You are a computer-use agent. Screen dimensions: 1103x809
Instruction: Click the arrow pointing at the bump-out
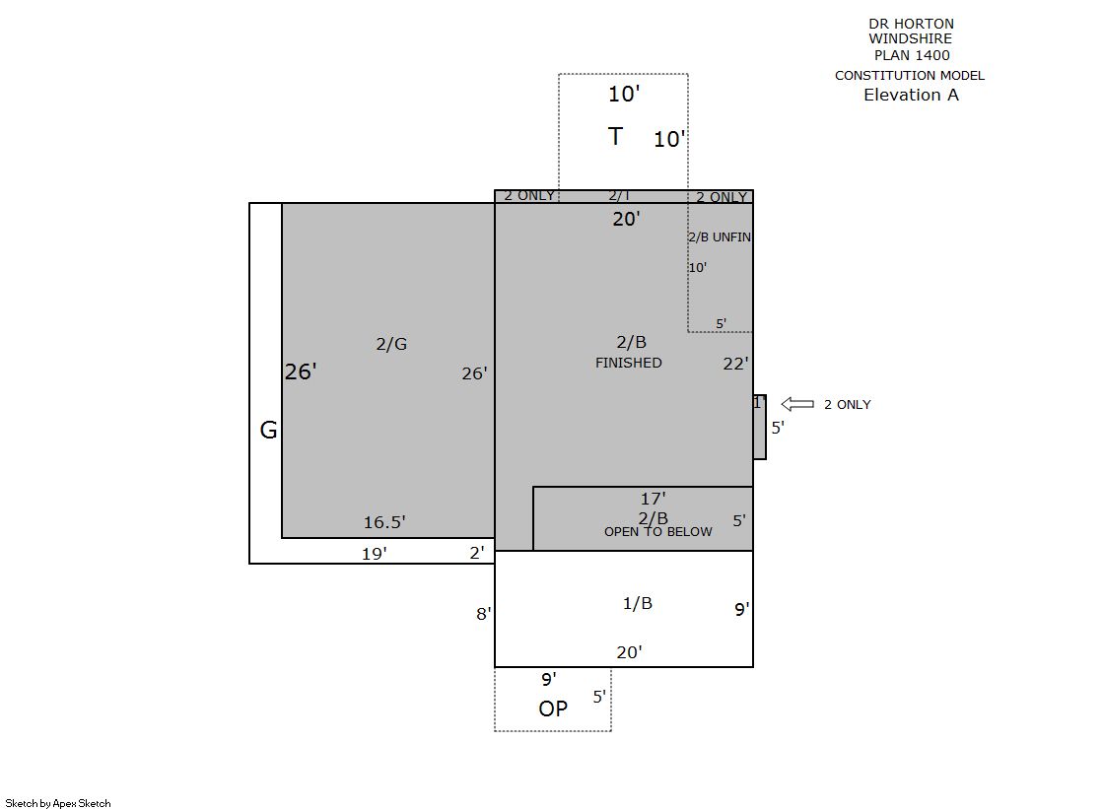click(x=797, y=404)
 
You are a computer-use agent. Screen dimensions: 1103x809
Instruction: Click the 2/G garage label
click(x=391, y=344)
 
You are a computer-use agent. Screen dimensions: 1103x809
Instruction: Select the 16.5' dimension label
click(x=384, y=522)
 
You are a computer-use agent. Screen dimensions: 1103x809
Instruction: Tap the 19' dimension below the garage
click(x=375, y=554)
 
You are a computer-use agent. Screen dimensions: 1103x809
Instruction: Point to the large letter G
click(x=268, y=430)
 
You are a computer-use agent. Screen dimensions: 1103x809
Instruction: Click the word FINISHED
click(x=628, y=363)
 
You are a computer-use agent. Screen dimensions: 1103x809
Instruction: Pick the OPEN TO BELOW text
click(x=657, y=532)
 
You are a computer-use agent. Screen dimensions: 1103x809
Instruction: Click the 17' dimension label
click(x=653, y=499)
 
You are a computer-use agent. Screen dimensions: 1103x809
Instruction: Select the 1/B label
click(x=638, y=604)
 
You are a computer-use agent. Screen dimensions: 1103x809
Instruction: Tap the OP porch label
click(x=553, y=709)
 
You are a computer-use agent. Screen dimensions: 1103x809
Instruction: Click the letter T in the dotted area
click(x=615, y=136)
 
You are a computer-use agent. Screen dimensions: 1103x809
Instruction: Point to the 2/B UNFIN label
click(x=719, y=237)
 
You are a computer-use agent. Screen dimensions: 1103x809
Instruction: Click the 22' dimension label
click(x=735, y=364)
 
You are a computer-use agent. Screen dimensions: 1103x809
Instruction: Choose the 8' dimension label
click(x=484, y=614)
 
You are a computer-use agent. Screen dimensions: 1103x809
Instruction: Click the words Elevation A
click(x=911, y=95)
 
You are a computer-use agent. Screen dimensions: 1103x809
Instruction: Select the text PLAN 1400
click(x=912, y=55)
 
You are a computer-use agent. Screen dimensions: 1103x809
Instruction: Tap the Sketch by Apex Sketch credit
click(x=58, y=803)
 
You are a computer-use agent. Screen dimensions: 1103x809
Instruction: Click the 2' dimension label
click(x=477, y=553)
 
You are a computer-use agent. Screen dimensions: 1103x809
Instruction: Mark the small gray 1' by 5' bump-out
click(x=760, y=427)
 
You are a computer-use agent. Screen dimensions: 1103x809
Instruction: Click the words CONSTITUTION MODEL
click(x=910, y=75)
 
